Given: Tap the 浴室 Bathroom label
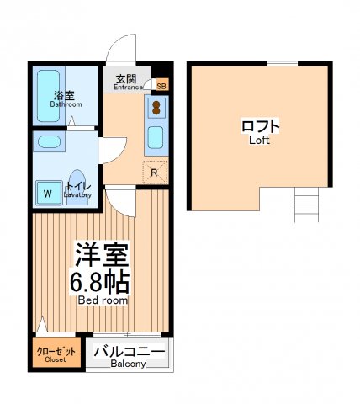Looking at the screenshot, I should (x=65, y=100).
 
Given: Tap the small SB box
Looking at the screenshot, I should (x=161, y=86).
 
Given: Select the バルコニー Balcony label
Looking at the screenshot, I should (x=128, y=354).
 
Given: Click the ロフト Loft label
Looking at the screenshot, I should (x=260, y=130).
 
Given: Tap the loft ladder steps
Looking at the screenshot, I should (x=306, y=205).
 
